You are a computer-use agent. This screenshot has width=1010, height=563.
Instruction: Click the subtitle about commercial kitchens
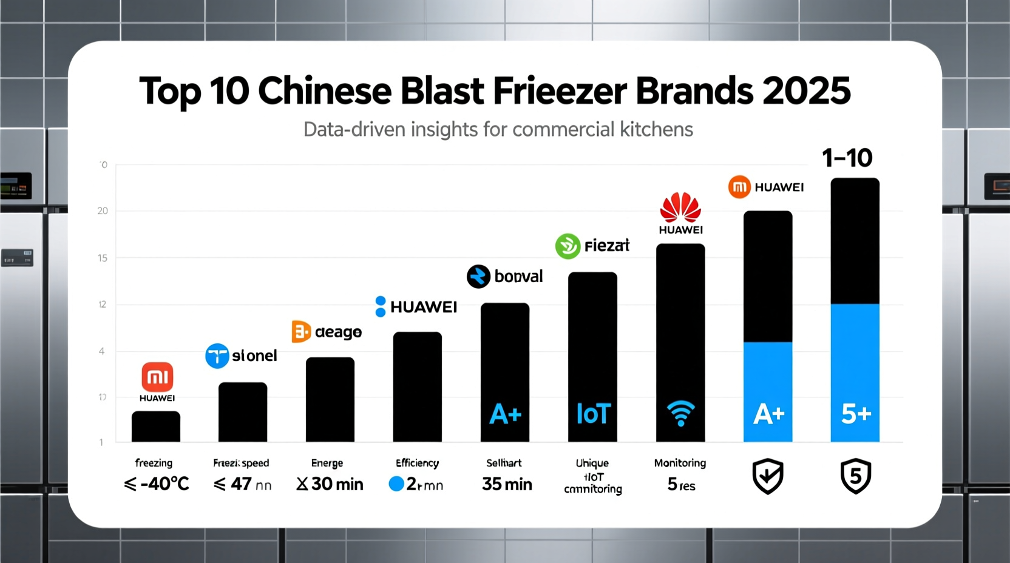pos(498,129)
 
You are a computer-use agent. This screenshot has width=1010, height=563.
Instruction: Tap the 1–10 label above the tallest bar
pos(847,158)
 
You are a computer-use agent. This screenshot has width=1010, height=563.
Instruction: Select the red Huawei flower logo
pos(680,207)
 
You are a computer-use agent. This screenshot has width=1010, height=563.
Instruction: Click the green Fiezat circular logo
pos(568,246)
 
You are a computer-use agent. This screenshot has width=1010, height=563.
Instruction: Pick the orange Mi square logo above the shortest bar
pos(157,377)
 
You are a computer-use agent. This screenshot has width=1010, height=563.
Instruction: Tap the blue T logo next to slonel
pos(217,356)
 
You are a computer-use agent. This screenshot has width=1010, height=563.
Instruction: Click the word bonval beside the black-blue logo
pos(518,277)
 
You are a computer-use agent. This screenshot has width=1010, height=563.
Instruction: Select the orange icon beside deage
pos(301,332)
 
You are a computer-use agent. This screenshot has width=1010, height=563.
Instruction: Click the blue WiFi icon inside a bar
pos(680,413)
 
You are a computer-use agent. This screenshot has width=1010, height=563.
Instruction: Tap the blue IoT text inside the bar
pos(593,414)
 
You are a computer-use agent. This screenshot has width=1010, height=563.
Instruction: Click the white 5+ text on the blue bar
pos(856,414)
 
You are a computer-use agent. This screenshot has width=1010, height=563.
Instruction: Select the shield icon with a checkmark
pos(768,476)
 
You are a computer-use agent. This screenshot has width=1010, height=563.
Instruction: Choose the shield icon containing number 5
pos(856,476)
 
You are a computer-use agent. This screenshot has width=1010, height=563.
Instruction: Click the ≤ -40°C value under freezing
pos(157,484)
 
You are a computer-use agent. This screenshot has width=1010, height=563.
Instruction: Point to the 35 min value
pos(507,484)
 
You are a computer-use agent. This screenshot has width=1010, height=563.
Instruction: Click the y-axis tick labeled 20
pos(103,211)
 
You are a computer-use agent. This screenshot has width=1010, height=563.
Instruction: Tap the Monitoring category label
pos(680,463)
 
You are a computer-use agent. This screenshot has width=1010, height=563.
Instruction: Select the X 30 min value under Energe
pos(330,484)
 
